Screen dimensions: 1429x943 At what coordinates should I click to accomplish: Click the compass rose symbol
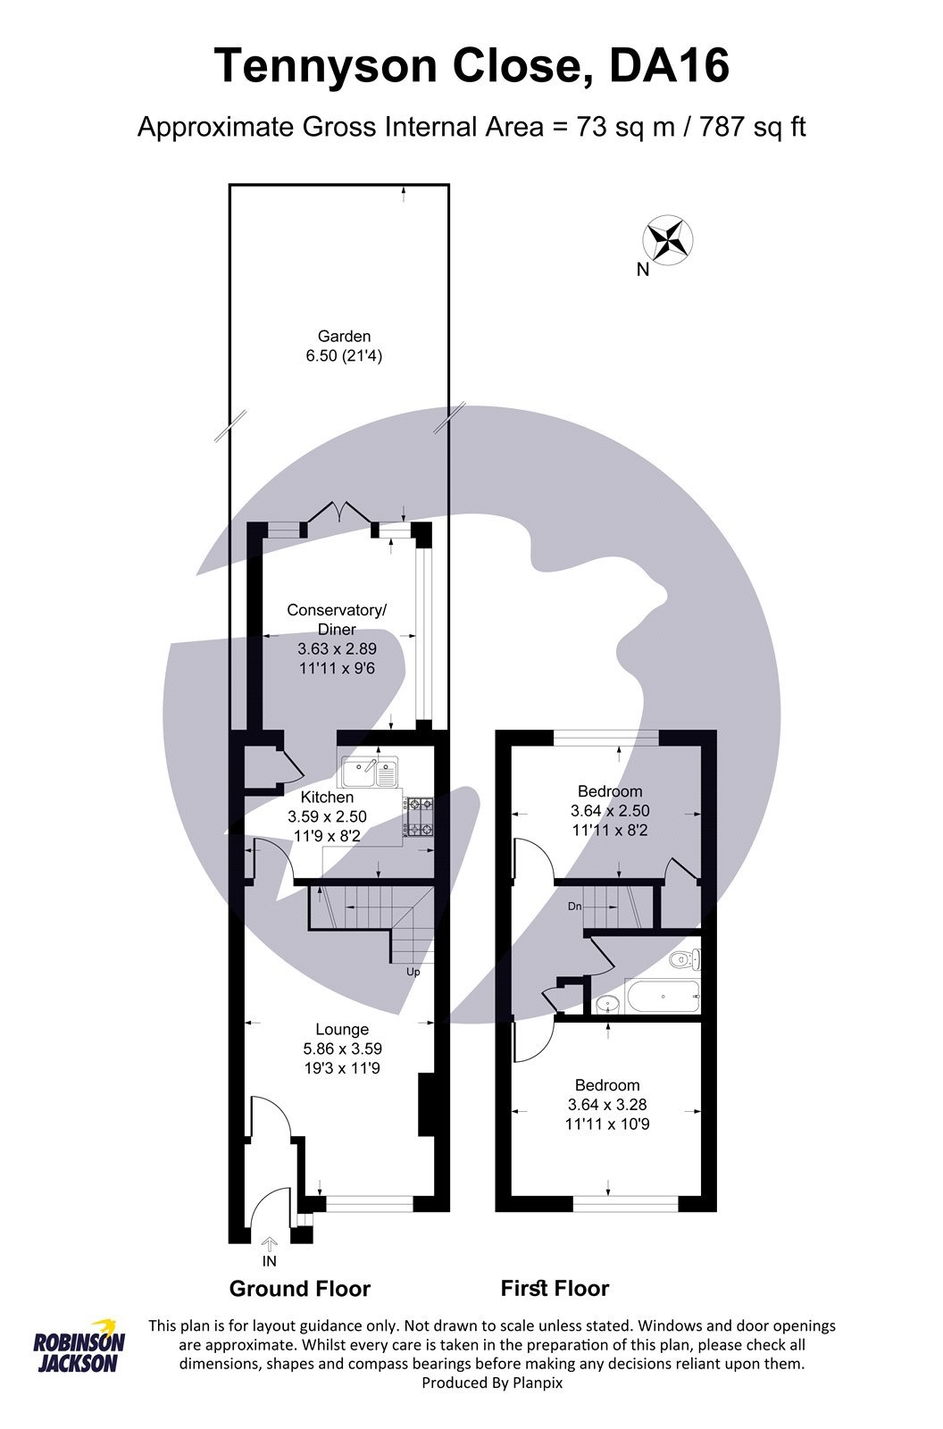pos(669,239)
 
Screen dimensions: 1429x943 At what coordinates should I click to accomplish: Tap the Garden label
pos(344,337)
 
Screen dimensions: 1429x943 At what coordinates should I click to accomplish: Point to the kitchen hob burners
pos(420,817)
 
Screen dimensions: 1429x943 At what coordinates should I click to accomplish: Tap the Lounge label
pos(341,1030)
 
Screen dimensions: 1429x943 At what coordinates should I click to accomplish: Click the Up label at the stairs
pos(413,972)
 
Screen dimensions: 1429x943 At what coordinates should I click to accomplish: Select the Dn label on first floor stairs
pos(575,907)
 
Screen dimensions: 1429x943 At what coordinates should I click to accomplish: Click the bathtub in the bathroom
pos(662,998)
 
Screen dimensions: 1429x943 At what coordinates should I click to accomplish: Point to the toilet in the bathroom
pos(686,960)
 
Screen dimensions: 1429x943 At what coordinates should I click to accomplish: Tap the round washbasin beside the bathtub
pos(606,1003)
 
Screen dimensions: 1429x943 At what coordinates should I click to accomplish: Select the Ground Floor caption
pos(299,1289)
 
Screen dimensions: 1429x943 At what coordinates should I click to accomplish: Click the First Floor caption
pos(555,1289)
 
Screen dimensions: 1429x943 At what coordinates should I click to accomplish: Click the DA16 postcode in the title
pos(670,66)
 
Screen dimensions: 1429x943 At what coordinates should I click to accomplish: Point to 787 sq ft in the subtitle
pos(753,127)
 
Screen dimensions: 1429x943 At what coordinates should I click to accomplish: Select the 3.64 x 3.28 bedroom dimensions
pos(607,1105)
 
